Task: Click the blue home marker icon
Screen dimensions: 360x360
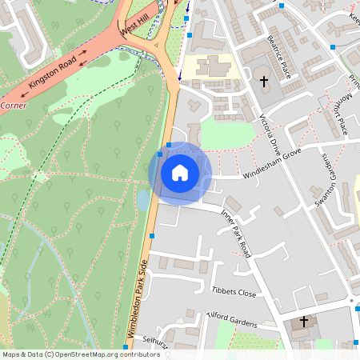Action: pyautogui.click(x=180, y=173)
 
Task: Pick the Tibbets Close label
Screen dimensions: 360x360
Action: pyautogui.click(x=234, y=292)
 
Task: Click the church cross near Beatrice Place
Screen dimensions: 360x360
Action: pyautogui.click(x=265, y=81)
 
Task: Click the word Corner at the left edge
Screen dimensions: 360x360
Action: pyautogui.click(x=13, y=105)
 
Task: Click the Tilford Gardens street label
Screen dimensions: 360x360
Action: pyautogui.click(x=232, y=321)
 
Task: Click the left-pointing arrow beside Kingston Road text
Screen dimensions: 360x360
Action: pyautogui.click(x=24, y=94)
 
